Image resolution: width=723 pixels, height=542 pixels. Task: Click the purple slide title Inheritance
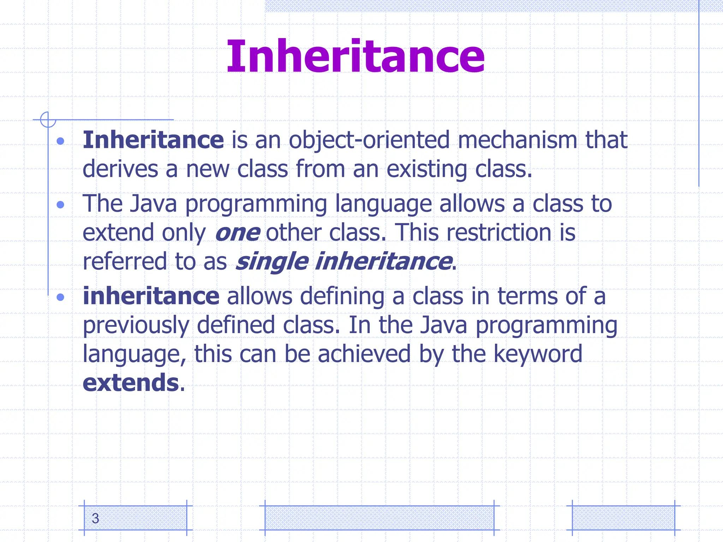[355, 56]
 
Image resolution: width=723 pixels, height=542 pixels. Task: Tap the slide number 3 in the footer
[95, 518]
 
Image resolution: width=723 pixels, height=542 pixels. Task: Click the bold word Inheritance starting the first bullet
[153, 140]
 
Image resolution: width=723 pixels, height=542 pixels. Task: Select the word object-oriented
[369, 140]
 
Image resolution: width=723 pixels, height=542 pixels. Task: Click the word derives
[120, 169]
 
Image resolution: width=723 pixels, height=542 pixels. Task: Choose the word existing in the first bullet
[427, 169]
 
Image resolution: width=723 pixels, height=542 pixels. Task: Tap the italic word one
[238, 233]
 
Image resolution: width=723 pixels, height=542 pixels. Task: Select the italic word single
[272, 262]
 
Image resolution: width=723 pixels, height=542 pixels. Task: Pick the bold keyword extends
[131, 383]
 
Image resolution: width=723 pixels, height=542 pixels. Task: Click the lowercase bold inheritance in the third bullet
[151, 296]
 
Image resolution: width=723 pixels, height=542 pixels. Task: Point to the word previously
[136, 325]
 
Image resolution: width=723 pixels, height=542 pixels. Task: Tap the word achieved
[364, 354]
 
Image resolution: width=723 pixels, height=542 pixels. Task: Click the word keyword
[538, 354]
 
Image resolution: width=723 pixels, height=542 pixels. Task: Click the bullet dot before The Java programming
[60, 205]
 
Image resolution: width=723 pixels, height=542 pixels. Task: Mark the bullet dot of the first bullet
[60, 141]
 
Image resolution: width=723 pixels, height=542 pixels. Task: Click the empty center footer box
[379, 518]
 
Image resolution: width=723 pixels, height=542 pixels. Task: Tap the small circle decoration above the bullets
[48, 120]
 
